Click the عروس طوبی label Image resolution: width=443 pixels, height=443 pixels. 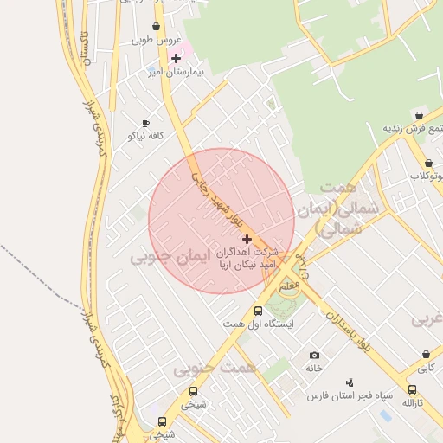point(156,40)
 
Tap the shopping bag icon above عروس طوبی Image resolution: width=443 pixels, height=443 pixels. point(156,27)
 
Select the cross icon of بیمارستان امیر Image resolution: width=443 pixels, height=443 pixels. point(177,58)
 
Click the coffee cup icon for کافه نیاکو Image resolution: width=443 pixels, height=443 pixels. point(145,124)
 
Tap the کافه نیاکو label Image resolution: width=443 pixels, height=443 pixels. point(145,136)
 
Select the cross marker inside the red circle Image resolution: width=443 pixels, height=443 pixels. point(247,239)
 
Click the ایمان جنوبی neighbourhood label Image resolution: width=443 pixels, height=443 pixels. point(171,257)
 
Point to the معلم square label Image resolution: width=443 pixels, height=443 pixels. point(291,283)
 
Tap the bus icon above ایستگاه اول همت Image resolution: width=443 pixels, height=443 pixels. point(258,311)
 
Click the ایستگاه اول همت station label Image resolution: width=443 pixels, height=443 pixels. point(258,324)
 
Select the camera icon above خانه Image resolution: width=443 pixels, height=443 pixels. point(313,356)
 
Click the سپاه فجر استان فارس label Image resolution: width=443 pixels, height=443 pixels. point(350,395)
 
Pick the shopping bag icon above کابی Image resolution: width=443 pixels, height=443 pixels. point(426,355)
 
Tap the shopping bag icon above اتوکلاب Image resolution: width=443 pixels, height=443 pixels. point(428,163)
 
